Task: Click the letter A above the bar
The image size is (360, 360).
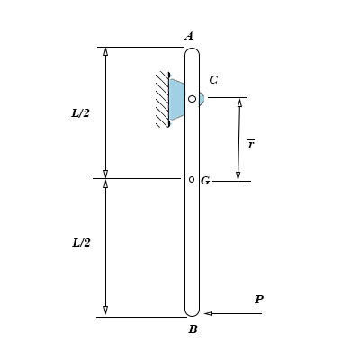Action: pyautogui.click(x=189, y=36)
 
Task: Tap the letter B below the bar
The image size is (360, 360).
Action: pyautogui.click(x=193, y=329)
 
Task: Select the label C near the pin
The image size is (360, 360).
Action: pyautogui.click(x=213, y=80)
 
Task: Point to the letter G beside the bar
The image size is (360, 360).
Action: pyautogui.click(x=205, y=181)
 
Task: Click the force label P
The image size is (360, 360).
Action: pyautogui.click(x=259, y=300)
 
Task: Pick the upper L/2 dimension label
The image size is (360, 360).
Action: pyautogui.click(x=81, y=113)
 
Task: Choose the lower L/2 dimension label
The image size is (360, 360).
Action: pyautogui.click(x=81, y=243)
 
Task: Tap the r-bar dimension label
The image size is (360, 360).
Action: pyautogui.click(x=251, y=143)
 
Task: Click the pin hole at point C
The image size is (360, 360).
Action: pyautogui.click(x=192, y=99)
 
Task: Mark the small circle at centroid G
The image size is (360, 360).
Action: pyautogui.click(x=192, y=179)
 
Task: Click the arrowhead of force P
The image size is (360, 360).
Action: pyautogui.click(x=208, y=313)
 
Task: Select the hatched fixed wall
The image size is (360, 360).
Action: pyautogui.click(x=162, y=99)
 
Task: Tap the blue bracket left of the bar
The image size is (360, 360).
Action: pyautogui.click(x=176, y=99)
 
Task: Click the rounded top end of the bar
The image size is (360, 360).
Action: pyautogui.click(x=192, y=52)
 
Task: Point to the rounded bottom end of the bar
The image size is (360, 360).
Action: pyautogui.click(x=192, y=311)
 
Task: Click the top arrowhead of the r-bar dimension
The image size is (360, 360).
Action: pyautogui.click(x=239, y=103)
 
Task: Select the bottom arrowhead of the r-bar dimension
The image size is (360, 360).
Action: pyautogui.click(x=238, y=175)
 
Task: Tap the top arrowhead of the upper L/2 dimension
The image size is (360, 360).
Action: pyautogui.click(x=105, y=52)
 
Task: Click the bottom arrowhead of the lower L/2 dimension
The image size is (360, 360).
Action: pyautogui.click(x=105, y=310)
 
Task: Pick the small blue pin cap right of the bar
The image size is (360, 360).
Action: pyautogui.click(x=202, y=99)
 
